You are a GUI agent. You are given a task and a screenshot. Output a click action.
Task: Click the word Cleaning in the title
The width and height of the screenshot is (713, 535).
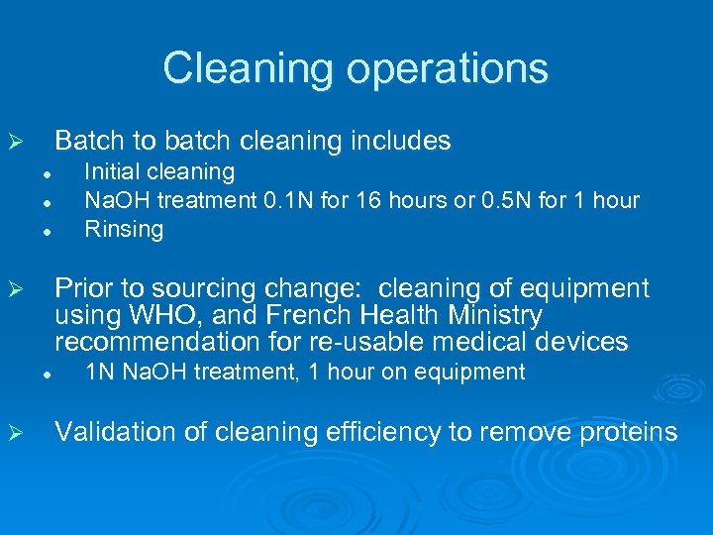pos(236,68)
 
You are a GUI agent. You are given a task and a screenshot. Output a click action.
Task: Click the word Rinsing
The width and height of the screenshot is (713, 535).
pos(124,230)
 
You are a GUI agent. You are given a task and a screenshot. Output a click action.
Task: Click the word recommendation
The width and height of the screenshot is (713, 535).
pos(154,343)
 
